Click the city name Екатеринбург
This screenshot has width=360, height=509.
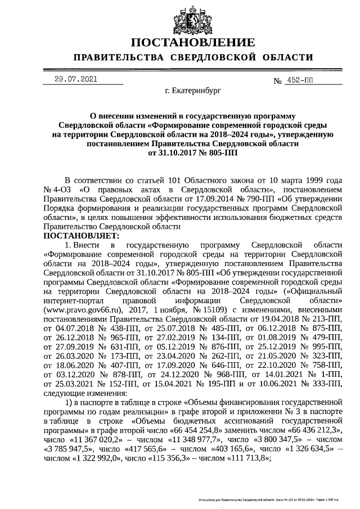(193, 90)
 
